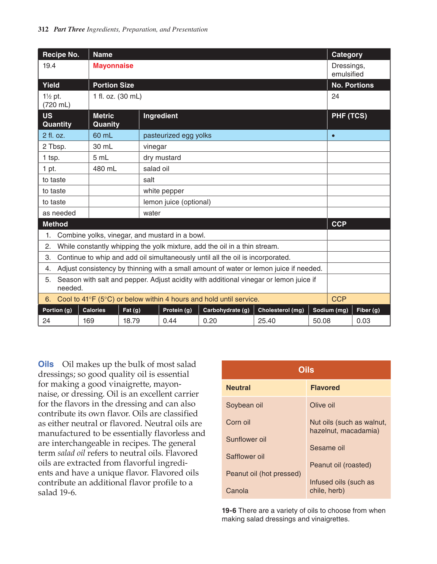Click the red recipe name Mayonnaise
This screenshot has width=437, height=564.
113,66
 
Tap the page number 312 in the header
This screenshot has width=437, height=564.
43,29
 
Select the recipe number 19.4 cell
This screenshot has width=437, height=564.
49,66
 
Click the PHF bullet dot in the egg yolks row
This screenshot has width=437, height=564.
333,136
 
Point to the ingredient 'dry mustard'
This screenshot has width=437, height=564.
162,158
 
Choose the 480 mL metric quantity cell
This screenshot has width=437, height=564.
105,169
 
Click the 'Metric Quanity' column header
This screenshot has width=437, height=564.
106,120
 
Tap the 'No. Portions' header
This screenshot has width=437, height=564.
352,85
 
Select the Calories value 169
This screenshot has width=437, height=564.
88,321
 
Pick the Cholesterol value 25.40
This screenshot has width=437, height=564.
267,321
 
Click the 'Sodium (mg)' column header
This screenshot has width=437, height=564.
330,310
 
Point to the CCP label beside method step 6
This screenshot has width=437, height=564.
339,299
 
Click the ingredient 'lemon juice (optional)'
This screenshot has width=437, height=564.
177,202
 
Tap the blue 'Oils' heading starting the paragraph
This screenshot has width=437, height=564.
46,364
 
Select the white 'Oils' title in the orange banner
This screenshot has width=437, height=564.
306,370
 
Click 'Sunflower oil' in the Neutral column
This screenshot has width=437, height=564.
246,439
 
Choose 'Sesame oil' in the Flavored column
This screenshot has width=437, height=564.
327,448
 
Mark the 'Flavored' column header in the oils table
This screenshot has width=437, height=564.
325,388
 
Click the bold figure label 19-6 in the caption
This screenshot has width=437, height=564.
229,511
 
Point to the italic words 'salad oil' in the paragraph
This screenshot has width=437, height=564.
71,453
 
